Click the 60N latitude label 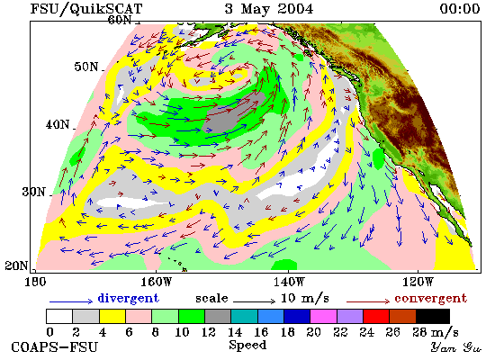coord(120,20)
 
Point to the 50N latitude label coord(86,67)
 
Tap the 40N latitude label coord(58,124)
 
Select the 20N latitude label coord(16,265)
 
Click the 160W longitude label coord(157,282)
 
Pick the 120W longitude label coord(418,282)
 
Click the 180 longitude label coord(35,282)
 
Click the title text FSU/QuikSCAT coord(86,9)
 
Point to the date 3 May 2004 coord(269,8)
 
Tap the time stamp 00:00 coord(460,8)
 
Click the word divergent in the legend coord(128,298)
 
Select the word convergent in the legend coord(430,298)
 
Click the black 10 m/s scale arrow coord(255,301)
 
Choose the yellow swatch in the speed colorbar coord(112,316)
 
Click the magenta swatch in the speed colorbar coord(324,316)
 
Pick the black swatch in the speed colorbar coord(433,316)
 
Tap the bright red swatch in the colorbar coord(376,316)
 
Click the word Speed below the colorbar coord(247,346)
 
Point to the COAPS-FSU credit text coord(54,346)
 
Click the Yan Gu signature coord(456,347)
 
